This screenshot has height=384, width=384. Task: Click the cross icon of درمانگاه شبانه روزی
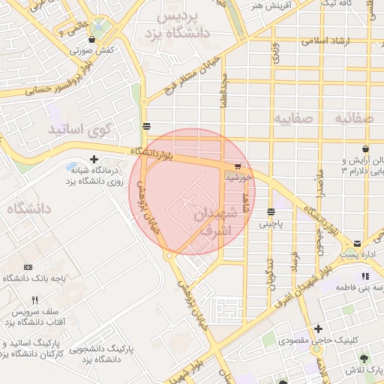pyautogui.click(x=94, y=159)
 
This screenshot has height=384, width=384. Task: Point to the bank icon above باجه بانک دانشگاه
pyautogui.click(x=28, y=267)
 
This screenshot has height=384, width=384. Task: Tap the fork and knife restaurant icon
pyautogui.click(x=34, y=301)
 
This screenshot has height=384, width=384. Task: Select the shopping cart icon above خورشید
pyautogui.click(x=238, y=166)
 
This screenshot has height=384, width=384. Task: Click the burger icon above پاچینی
pyautogui.click(x=270, y=212)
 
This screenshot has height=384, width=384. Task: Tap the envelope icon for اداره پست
pyautogui.click(x=358, y=243)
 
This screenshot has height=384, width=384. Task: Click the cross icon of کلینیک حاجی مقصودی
pyautogui.click(x=319, y=328)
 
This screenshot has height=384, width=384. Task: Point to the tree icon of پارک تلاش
pyautogui.click(x=364, y=360)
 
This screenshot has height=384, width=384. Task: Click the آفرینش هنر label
pyautogui.click(x=268, y=6)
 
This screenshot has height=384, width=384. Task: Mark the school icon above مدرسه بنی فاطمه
pyautogui.click(x=364, y=277)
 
